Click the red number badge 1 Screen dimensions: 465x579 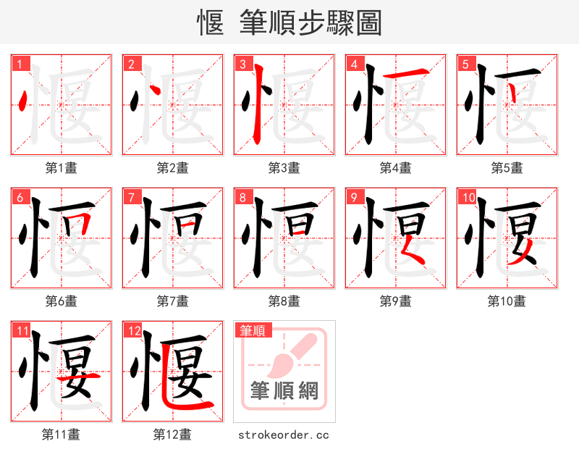(20, 64)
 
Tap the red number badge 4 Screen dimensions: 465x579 (354, 64)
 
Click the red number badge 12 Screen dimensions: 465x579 (133, 331)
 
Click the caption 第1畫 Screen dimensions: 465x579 (62, 168)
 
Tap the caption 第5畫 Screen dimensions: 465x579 (507, 168)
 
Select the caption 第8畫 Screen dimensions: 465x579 (284, 301)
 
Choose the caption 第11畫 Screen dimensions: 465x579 (62, 435)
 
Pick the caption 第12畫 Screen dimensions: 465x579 (172, 435)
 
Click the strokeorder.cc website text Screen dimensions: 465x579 (284, 435)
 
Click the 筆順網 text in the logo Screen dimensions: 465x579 (284, 391)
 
